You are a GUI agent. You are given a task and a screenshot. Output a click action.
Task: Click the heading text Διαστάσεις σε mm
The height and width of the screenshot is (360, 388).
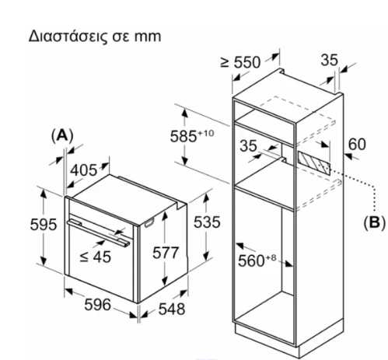click(x=95, y=37)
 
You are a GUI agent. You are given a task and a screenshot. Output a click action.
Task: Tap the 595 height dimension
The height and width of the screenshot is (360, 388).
click(x=44, y=224)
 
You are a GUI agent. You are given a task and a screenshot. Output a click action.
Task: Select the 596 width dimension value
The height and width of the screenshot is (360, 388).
click(x=98, y=305)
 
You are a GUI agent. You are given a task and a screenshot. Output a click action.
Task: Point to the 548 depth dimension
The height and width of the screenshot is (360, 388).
click(x=172, y=309)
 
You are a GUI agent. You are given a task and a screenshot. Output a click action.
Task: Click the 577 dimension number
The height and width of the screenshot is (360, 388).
click(x=166, y=253)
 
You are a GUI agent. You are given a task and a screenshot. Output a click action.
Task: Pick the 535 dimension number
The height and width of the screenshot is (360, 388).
click(x=207, y=222)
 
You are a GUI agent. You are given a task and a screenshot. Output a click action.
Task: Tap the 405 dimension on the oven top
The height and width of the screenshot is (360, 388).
click(x=84, y=170)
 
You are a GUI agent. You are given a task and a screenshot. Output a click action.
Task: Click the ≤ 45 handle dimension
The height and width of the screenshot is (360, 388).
click(x=96, y=257)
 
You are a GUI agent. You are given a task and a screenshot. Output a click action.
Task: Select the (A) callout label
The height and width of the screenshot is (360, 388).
click(x=62, y=135)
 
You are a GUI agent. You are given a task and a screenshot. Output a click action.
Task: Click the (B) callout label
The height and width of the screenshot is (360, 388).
click(x=375, y=222)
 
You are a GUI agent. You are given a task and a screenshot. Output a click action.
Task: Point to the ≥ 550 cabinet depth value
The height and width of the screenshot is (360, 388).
click(x=240, y=62)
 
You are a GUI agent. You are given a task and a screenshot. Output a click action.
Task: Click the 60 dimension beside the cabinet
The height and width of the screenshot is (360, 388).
click(x=357, y=145)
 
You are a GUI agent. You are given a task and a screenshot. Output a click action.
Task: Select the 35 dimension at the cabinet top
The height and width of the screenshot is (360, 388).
click(x=330, y=60)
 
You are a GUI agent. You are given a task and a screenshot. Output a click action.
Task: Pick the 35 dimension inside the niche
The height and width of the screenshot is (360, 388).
click(x=248, y=145)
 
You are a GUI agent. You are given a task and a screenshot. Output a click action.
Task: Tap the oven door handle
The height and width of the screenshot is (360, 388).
click(x=99, y=233)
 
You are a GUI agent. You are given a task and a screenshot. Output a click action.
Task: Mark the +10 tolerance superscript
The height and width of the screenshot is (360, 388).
click(x=206, y=133)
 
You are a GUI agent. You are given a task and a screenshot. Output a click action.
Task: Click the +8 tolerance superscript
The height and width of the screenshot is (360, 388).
click(x=271, y=257)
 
